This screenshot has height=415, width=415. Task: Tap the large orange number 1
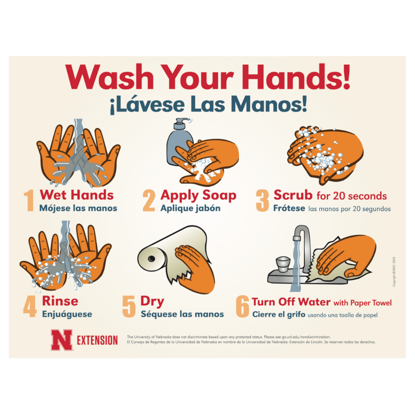coord(29,201)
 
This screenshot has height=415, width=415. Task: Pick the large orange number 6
coord(242,306)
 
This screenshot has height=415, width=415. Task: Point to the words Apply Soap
coord(198,195)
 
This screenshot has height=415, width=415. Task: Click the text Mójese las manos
coord(78,208)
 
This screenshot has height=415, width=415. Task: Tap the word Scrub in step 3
coord(293,195)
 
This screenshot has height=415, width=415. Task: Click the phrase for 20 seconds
coord(352,196)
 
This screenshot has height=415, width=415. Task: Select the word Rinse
coord(60,301)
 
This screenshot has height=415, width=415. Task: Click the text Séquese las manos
coord(182,314)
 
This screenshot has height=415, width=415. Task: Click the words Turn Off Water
coord(291,302)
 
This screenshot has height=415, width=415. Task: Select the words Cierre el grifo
coord(278,314)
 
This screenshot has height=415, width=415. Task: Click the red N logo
coord(61,340)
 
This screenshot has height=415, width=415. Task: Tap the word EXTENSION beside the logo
coord(97,340)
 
